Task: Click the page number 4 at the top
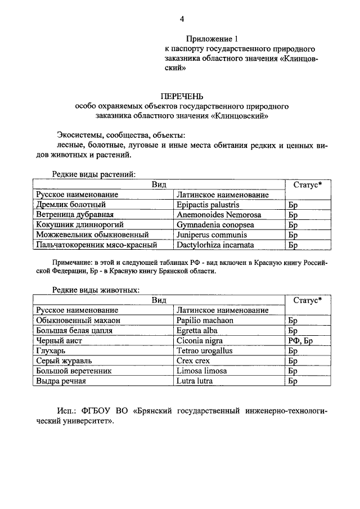[x=182, y=19]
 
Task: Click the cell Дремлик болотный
[x=71, y=205]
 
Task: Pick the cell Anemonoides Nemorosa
[x=215, y=215]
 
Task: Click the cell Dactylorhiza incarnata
[x=215, y=245]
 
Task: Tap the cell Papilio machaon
[x=205, y=320]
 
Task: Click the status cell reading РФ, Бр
[x=300, y=340]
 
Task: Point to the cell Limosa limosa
[x=201, y=371]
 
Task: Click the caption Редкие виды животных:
[x=96, y=290]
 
